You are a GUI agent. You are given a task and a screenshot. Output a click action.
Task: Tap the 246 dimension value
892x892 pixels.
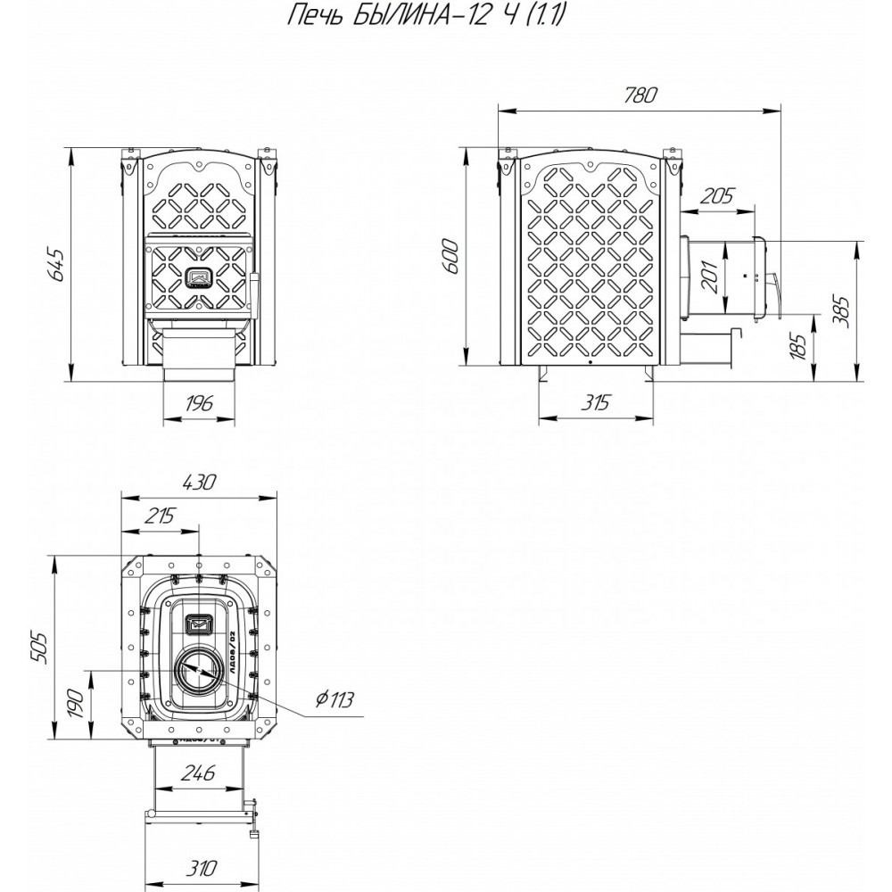pos(197,774)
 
